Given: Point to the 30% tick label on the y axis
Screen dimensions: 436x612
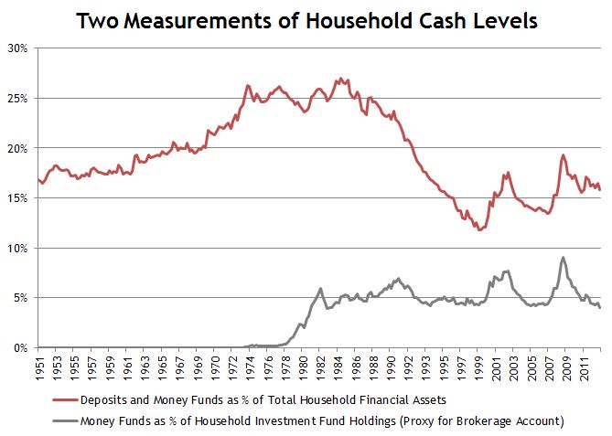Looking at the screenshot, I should pos(19,48).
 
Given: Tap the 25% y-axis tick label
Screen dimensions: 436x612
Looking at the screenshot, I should pos(19,98).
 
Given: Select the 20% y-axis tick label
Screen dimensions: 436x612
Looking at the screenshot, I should pos(19,148).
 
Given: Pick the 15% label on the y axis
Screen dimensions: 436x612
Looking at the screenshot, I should pos(19,197).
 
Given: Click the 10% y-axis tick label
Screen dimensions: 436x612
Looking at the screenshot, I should pos(19,248).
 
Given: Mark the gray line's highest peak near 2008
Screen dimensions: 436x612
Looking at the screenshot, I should pos(563,258).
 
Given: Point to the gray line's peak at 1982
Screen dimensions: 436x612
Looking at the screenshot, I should pos(320,288).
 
